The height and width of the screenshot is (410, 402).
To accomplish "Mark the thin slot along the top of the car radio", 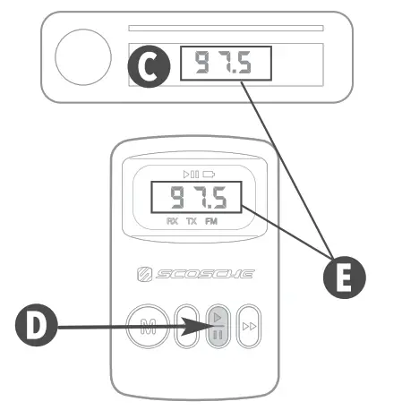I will pos(225,28).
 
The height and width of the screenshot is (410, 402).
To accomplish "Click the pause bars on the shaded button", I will pos(218,336).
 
